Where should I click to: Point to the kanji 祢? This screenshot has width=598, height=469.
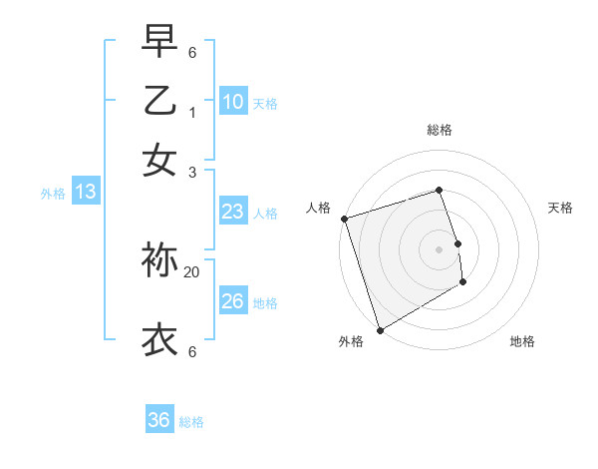pyautogui.click(x=159, y=260)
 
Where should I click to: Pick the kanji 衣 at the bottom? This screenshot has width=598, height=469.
pyautogui.click(x=159, y=339)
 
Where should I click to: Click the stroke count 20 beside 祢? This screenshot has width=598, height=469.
pyautogui.click(x=192, y=271)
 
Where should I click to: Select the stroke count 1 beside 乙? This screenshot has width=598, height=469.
pyautogui.click(x=192, y=113)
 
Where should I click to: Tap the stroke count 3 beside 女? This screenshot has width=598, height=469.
pyautogui.click(x=192, y=171)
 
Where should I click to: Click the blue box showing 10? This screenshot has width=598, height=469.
pyautogui.click(x=233, y=102)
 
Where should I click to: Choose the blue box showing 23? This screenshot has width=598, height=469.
pyautogui.click(x=233, y=212)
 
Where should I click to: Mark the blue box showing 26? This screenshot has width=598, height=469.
pyautogui.click(x=233, y=301)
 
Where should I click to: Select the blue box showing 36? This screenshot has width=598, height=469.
pyautogui.click(x=159, y=420)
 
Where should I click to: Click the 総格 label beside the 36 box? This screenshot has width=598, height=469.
pyautogui.click(x=191, y=422)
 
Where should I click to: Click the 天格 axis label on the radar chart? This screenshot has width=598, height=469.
pyautogui.click(x=560, y=208)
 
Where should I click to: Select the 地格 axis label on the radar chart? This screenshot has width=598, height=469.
pyautogui.click(x=522, y=341)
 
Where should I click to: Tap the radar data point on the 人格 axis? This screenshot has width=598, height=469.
pyautogui.click(x=344, y=219)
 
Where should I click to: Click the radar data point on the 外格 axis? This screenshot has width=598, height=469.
pyautogui.click(x=380, y=329)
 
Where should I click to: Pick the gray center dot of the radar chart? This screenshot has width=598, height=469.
pyautogui.click(x=439, y=249)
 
